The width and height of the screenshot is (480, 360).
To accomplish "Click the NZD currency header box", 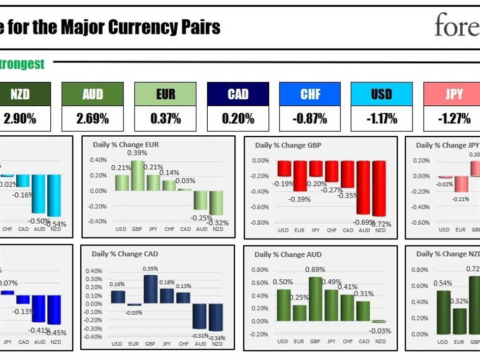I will [20, 94].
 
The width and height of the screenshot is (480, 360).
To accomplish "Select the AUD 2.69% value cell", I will [93, 119].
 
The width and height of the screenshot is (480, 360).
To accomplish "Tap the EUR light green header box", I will [165, 94].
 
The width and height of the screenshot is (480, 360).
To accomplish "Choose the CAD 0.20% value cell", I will [238, 119].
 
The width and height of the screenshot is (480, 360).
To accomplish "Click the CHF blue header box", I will [310, 94].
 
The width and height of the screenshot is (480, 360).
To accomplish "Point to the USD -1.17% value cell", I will [382, 119].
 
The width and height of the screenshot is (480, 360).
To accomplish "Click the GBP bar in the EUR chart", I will [137, 176].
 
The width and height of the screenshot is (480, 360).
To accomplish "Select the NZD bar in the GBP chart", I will [379, 188].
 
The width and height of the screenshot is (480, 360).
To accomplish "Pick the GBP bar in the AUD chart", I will [315, 299].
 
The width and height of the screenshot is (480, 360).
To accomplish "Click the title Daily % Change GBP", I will [288, 146].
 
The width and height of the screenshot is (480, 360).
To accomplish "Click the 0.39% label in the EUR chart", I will [137, 153].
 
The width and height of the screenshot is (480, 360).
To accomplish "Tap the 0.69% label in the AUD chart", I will [315, 270].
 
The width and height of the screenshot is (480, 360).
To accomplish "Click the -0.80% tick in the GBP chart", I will [260, 222].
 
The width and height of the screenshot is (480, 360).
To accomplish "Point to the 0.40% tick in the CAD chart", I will [94, 271].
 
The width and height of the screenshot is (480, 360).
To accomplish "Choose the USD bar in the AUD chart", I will [283, 305].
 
